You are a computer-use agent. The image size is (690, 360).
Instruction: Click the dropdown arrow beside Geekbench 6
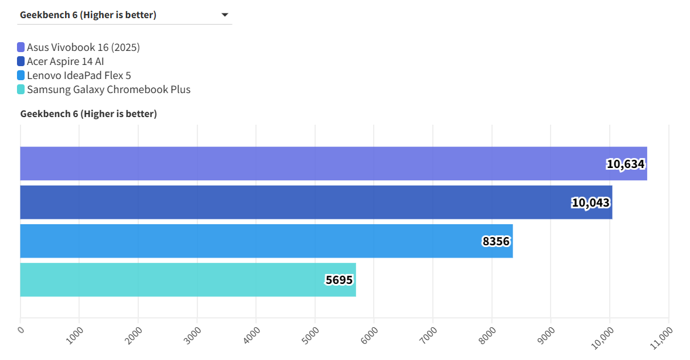225,15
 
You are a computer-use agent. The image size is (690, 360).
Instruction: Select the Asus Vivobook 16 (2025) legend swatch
21,47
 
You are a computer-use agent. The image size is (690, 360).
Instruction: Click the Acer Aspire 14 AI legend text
66,61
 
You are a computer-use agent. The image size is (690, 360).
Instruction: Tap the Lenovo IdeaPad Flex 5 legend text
79,76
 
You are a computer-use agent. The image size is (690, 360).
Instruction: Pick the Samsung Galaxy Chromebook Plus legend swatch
21,90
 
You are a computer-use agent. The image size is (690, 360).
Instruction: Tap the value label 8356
496,241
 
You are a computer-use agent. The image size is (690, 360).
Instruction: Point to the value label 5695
339,280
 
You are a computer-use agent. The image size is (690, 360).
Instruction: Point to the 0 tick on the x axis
21,330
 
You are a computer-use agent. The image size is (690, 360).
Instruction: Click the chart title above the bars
88,114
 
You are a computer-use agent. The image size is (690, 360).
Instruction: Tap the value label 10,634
626,164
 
